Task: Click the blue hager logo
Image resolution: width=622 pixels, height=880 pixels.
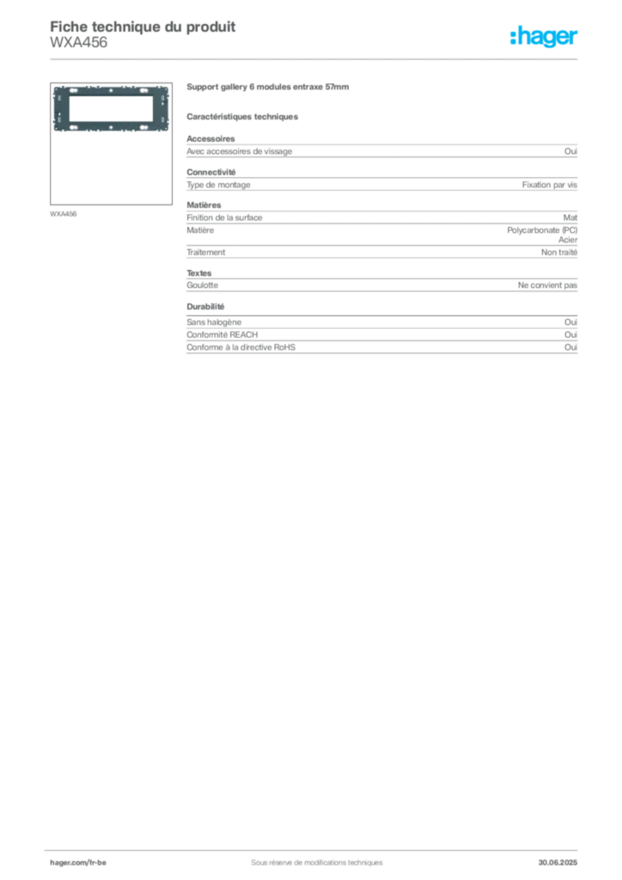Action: click(545, 38)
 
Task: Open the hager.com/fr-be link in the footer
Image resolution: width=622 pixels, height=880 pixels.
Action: click(78, 861)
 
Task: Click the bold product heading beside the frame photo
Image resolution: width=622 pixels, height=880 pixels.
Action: click(267, 88)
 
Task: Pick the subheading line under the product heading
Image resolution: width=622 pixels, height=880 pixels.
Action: click(244, 116)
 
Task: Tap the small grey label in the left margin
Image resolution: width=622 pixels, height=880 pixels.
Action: click(65, 213)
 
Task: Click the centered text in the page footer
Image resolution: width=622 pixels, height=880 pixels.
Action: click(309, 856)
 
